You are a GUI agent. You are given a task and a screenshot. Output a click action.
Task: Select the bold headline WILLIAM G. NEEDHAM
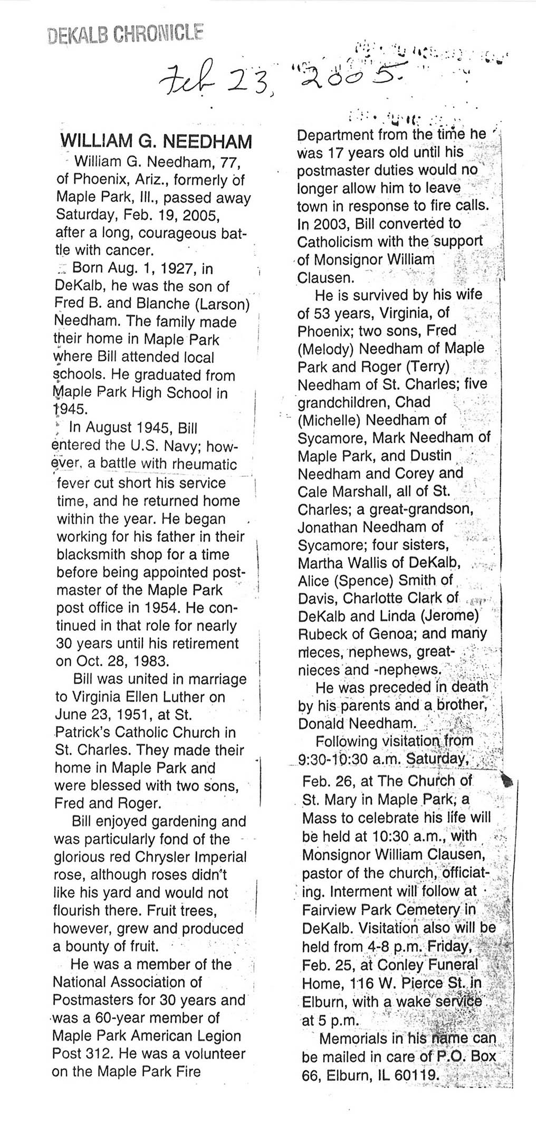157,141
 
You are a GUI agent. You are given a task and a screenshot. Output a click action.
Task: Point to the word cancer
129,250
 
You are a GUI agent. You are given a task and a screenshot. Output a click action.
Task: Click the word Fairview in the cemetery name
332,910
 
